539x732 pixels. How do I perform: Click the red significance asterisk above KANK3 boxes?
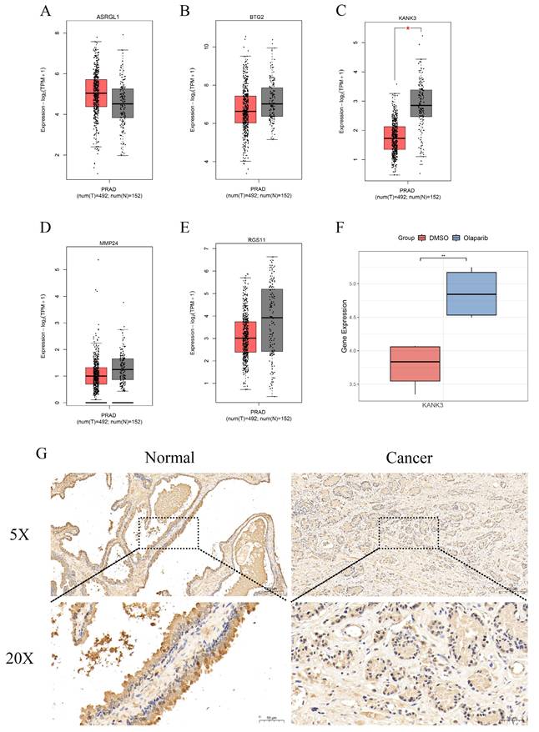(x=407, y=28)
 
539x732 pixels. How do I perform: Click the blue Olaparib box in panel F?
(x=472, y=293)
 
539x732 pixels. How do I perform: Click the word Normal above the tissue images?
(x=169, y=457)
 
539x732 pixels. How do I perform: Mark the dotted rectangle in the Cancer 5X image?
(x=408, y=532)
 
